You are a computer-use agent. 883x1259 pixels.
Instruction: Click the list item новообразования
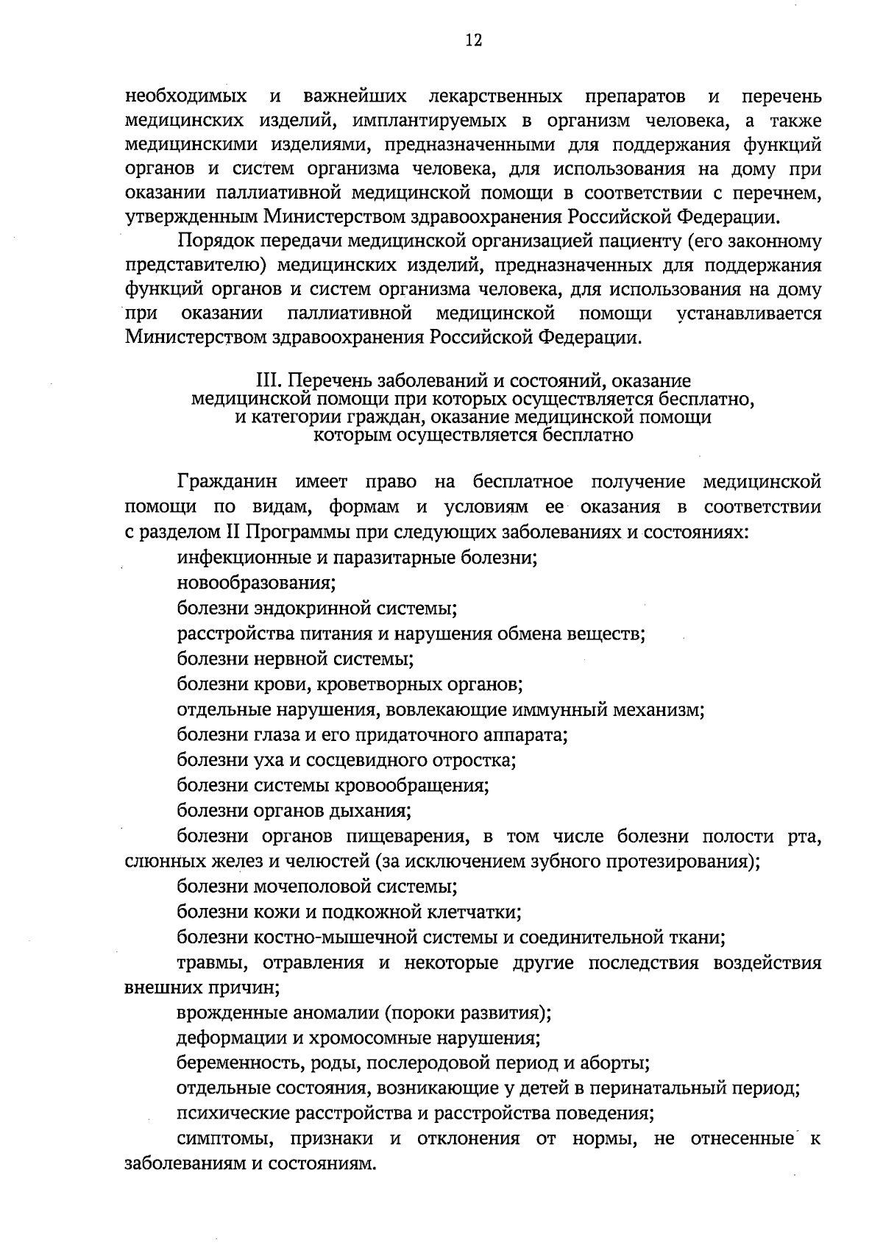coord(256,584)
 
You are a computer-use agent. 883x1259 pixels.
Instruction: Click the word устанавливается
coord(748,313)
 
